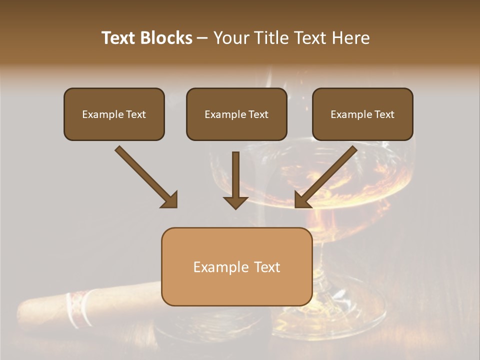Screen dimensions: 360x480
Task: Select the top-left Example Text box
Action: point(114,114)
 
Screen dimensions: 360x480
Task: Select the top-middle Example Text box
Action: point(236,114)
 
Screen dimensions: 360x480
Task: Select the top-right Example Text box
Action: point(362,114)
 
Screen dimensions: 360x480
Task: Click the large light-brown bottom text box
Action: point(236,266)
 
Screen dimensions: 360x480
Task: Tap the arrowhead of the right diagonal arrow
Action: point(302,199)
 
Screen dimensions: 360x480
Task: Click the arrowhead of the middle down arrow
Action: point(235,202)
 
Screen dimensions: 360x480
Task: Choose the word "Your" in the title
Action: point(230,38)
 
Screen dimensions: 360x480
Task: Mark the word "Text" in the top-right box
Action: point(384,114)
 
